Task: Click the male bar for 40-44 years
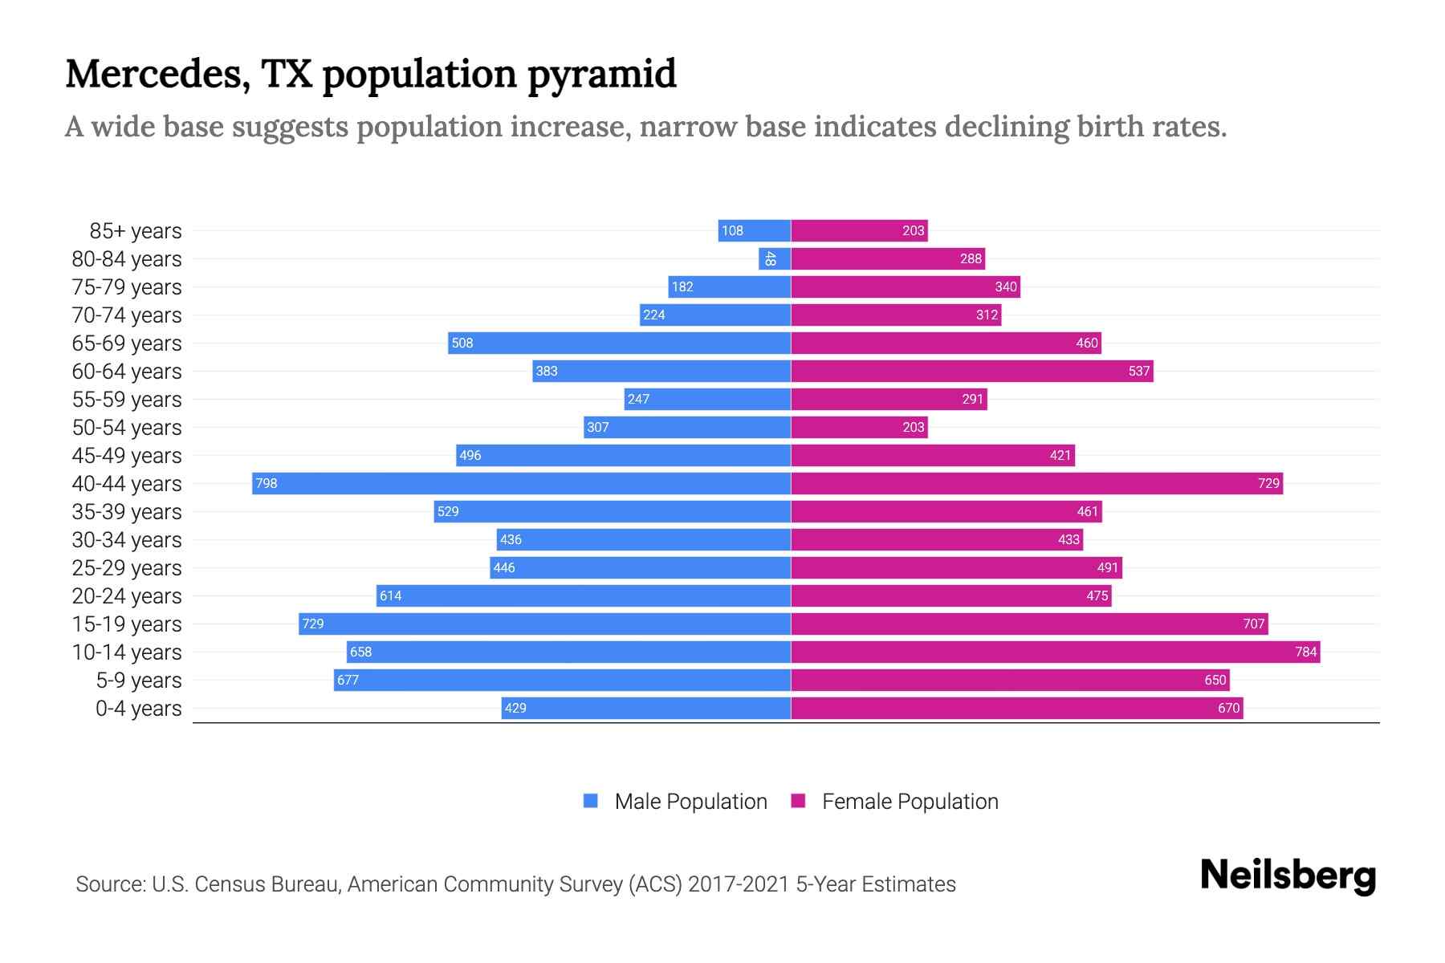(522, 483)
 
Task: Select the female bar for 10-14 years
(1055, 652)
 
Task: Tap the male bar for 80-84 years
(775, 258)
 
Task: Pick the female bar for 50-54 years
(859, 427)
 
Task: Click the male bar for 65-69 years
(619, 343)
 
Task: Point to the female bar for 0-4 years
(1016, 708)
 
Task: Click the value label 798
(267, 483)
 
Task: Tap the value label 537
(1139, 371)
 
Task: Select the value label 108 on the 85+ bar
(732, 230)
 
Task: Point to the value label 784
(1305, 652)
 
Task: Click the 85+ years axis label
(136, 231)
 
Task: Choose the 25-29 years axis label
(127, 568)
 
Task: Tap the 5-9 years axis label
(139, 681)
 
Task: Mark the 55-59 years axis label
(127, 400)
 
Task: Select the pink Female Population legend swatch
(798, 801)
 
